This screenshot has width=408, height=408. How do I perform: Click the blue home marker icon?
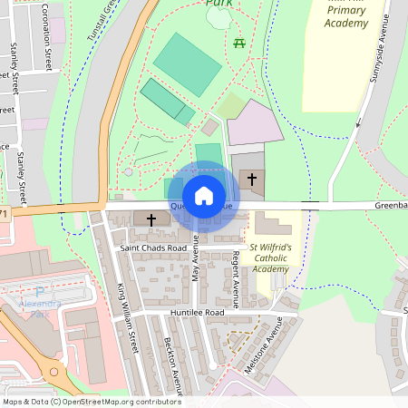tap(204, 194)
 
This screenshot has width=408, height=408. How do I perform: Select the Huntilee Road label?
tap(197, 312)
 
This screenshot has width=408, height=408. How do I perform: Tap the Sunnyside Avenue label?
tap(378, 63)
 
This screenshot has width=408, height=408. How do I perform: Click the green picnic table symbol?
tap(239, 44)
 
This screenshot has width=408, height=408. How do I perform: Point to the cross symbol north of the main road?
tap(251, 180)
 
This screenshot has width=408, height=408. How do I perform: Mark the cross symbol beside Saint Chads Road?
tap(151, 219)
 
